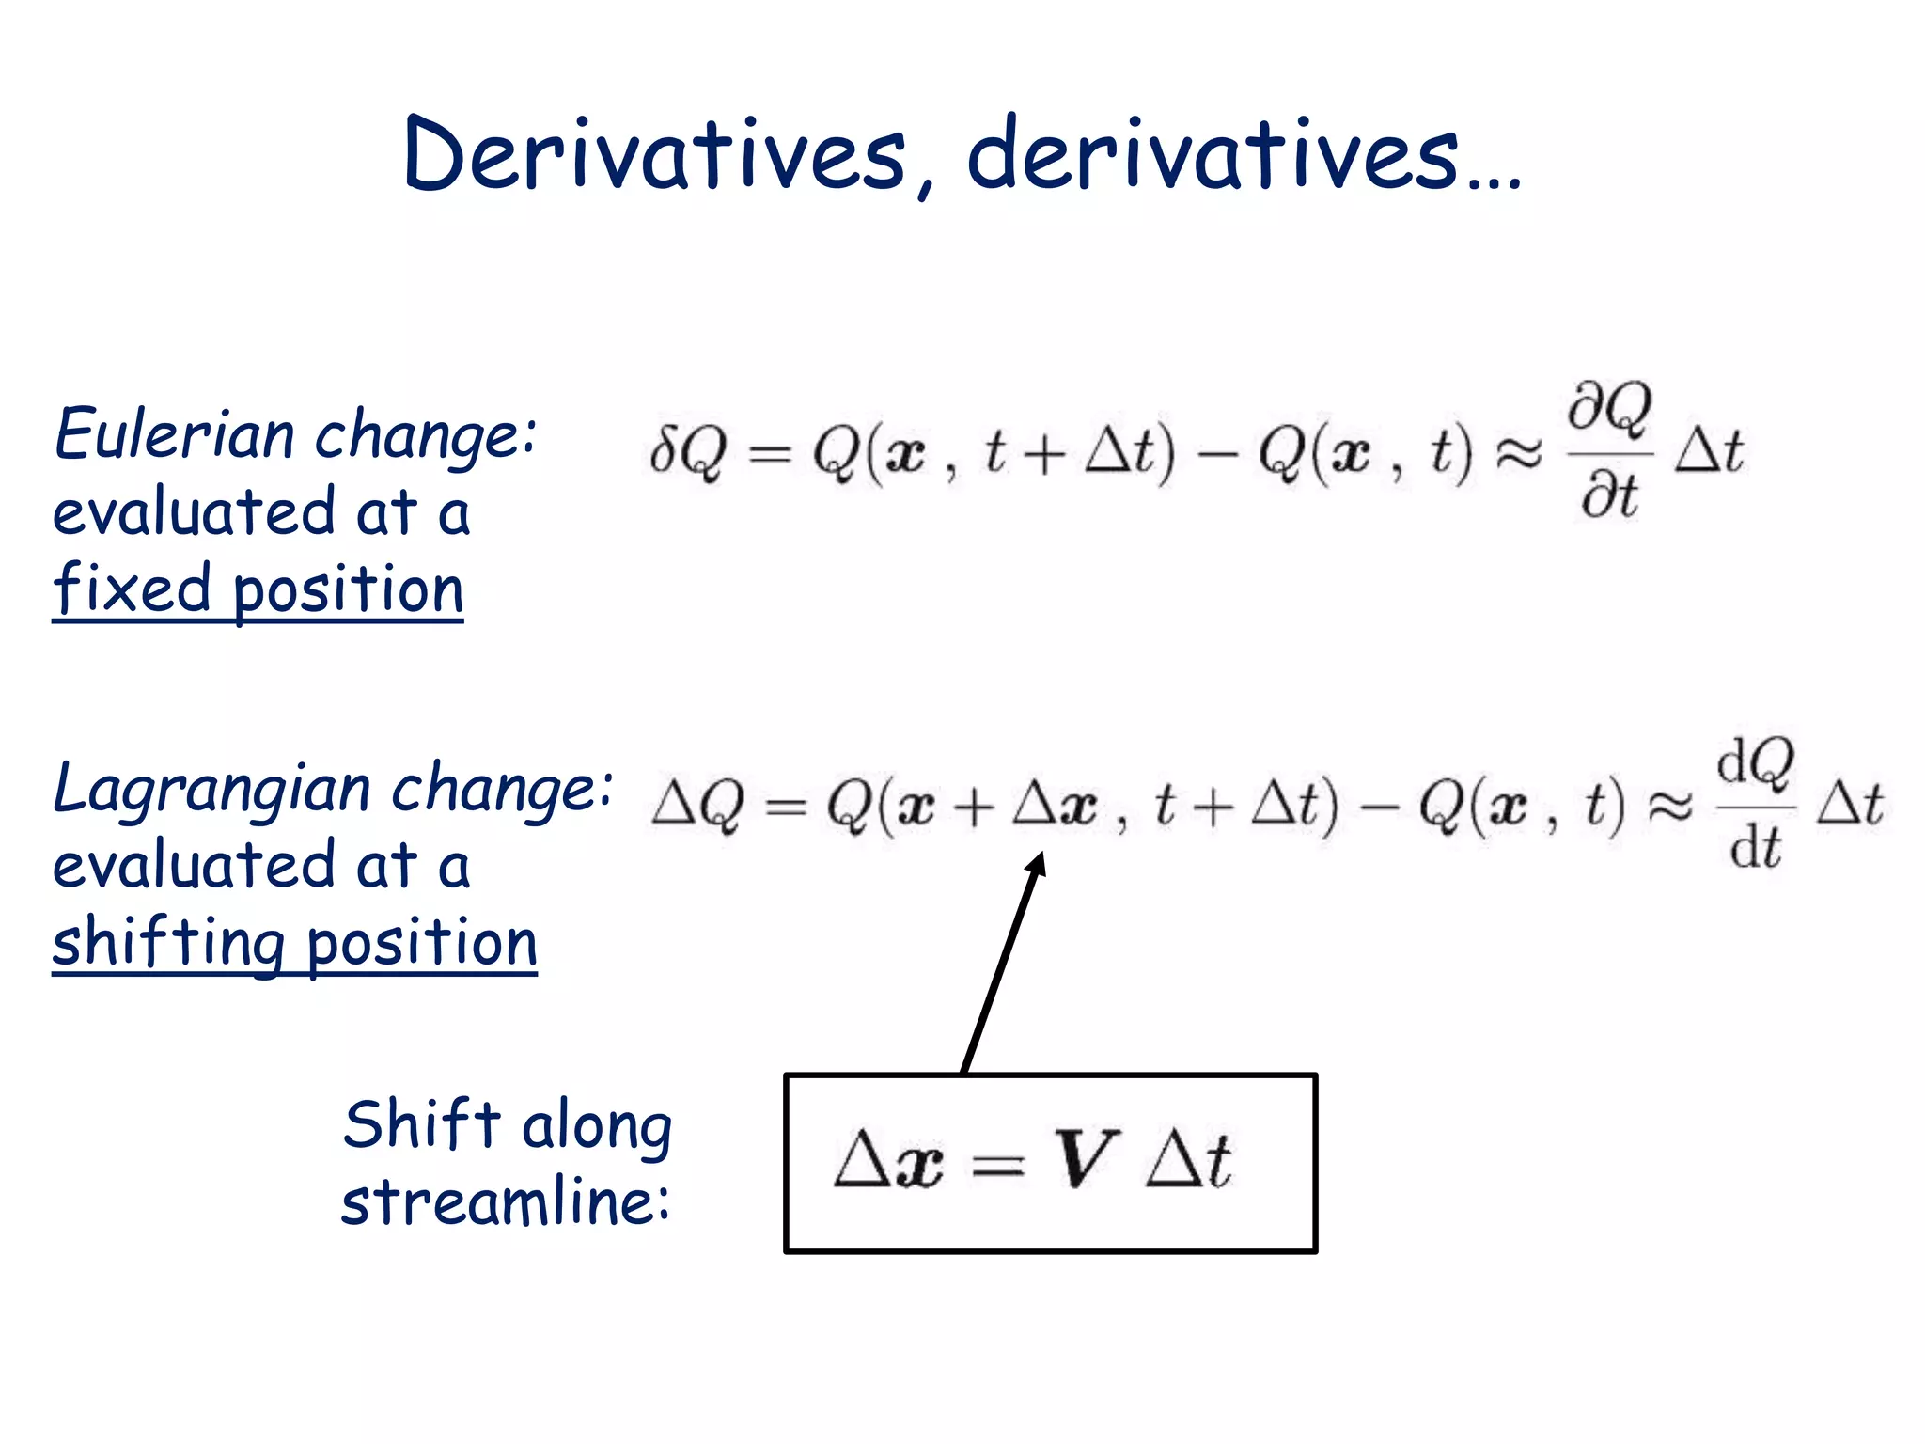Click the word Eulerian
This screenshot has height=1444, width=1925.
tap(175, 434)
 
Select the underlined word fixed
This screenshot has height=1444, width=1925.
tap(133, 589)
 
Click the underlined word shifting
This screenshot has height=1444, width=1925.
tap(168, 943)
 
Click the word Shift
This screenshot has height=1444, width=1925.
tap(421, 1124)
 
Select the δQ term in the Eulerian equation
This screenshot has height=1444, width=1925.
tap(688, 452)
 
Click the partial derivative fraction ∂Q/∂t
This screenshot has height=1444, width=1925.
tap(1610, 451)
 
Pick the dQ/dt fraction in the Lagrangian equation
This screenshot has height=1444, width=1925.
tap(1756, 805)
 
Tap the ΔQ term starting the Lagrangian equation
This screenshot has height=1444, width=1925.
tap(697, 806)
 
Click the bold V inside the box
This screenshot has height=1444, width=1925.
tap(1085, 1159)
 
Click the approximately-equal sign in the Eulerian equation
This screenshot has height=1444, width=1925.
tap(1519, 452)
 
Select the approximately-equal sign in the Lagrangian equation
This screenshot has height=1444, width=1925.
tap(1671, 806)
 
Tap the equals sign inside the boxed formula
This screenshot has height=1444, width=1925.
tap(998, 1167)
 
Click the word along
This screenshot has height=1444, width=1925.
tap(597, 1126)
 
